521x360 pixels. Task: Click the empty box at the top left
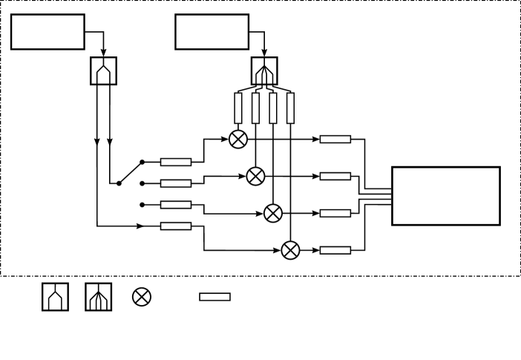(47, 32)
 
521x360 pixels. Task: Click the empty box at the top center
(212, 32)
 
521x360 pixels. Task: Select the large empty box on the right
(445, 195)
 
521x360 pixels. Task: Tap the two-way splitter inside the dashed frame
(103, 71)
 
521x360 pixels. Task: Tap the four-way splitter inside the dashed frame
(264, 71)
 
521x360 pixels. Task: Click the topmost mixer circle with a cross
(237, 139)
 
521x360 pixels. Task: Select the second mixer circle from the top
(255, 176)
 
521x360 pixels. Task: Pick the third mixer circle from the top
(273, 213)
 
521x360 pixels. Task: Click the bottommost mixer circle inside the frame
(291, 250)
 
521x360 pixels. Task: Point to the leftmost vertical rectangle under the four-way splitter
(238, 108)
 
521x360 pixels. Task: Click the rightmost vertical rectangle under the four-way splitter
(290, 108)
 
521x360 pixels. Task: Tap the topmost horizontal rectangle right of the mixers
(335, 139)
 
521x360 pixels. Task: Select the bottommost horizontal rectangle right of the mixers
(335, 250)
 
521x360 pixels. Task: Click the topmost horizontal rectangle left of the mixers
(176, 162)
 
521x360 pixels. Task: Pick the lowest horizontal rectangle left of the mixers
(176, 226)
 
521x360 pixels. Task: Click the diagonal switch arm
(130, 172)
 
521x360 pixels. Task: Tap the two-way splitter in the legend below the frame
(55, 297)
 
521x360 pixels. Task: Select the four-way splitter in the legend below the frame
(99, 297)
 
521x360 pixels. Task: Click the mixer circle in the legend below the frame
(142, 297)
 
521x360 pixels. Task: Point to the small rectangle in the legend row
(214, 297)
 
